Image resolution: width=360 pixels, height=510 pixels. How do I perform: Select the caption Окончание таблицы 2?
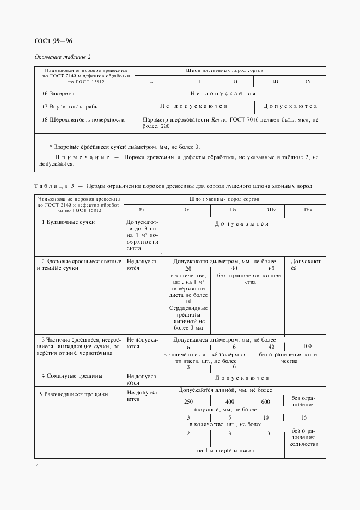[x=63, y=57]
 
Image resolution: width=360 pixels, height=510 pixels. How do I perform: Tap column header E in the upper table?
[x=152, y=81]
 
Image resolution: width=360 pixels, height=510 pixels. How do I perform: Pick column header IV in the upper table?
[x=308, y=81]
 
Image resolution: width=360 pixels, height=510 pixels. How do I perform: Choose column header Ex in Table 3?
[x=142, y=210]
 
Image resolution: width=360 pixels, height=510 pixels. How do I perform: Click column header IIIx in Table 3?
[x=271, y=210]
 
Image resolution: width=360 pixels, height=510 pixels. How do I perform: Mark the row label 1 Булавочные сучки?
[x=69, y=222]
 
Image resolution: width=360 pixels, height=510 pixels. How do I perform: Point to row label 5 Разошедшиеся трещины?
[x=75, y=394]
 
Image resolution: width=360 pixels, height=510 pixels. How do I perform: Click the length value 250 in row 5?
[x=188, y=402]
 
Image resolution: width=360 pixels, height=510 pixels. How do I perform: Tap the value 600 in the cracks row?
[x=265, y=402]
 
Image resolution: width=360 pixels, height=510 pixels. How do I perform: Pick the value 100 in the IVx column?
[x=307, y=346]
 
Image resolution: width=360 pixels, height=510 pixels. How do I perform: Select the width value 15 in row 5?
[x=304, y=417]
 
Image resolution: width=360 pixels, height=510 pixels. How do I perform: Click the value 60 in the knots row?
[x=271, y=269]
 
